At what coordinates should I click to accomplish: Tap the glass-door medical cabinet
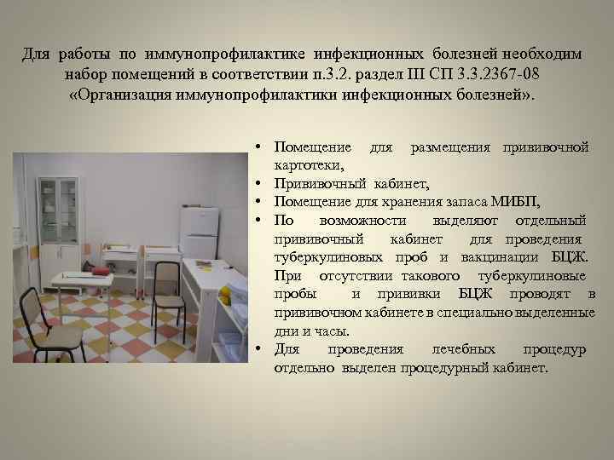(x=60, y=209)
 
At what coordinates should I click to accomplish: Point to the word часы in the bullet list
(x=330, y=331)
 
